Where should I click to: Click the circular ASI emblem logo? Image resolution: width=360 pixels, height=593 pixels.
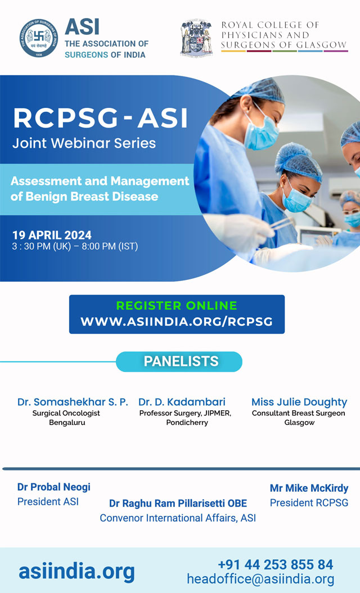click(39, 38)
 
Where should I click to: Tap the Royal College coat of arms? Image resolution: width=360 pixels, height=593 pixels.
click(196, 38)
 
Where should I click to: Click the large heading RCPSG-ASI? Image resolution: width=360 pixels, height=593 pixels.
click(100, 118)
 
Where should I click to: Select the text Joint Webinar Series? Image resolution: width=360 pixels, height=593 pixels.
click(84, 143)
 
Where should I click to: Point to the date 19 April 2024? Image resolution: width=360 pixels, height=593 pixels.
click(52, 236)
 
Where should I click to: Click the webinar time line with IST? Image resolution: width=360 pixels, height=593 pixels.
click(75, 247)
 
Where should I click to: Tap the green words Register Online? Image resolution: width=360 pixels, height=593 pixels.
click(177, 306)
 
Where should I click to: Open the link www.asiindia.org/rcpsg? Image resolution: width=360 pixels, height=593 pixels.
click(177, 322)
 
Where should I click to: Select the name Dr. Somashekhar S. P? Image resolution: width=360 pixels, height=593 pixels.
click(73, 402)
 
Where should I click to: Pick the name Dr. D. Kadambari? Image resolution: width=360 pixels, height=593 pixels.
click(182, 402)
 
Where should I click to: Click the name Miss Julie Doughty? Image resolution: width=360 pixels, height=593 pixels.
click(299, 402)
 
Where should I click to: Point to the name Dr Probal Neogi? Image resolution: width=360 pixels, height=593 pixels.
click(54, 487)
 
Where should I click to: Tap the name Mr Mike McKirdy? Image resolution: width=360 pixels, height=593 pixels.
click(309, 488)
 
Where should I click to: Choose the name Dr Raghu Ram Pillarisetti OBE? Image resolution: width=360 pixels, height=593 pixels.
click(178, 504)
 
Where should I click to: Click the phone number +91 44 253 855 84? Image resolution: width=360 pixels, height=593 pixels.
click(276, 565)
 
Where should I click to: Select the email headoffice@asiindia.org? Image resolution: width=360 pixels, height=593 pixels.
click(260, 580)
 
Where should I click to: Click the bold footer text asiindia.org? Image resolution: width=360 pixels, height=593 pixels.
click(77, 572)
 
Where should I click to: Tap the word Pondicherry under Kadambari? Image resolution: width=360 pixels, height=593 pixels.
click(187, 423)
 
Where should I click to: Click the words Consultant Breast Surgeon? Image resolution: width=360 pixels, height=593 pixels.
click(299, 413)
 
